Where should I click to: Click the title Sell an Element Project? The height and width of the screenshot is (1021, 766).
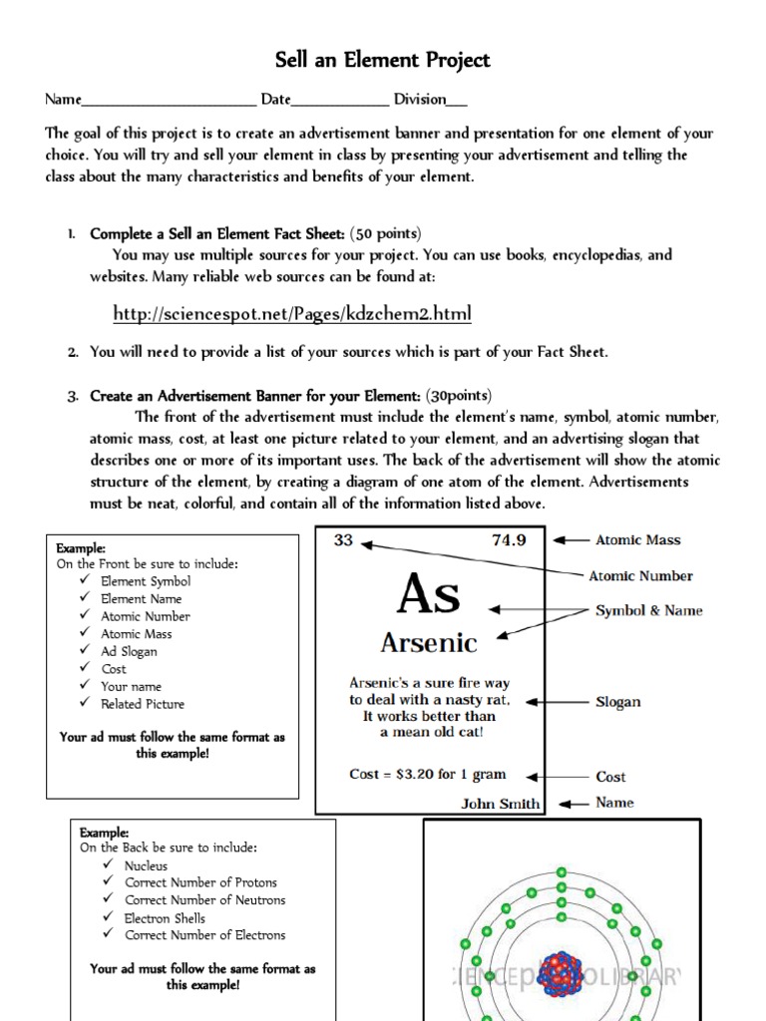tap(383, 60)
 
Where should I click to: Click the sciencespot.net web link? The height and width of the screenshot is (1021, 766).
tap(291, 314)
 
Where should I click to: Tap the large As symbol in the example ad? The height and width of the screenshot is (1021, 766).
tap(429, 595)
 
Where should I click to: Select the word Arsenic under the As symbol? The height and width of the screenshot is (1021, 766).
tap(429, 642)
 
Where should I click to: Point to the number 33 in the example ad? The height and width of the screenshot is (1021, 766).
tap(343, 540)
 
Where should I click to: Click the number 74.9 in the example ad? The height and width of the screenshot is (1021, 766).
tap(509, 540)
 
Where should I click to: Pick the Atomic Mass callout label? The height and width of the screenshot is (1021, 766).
tap(637, 540)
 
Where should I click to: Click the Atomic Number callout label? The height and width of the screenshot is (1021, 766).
tap(640, 575)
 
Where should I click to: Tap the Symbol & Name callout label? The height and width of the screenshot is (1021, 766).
tap(648, 610)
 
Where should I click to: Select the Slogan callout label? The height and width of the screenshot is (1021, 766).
tap(617, 702)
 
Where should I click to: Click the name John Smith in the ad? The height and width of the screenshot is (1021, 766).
tap(501, 804)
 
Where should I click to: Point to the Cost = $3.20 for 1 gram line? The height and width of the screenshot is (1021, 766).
tap(428, 774)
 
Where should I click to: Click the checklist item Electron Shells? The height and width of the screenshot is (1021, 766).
tap(165, 918)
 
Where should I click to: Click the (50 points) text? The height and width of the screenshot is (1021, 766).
tap(386, 233)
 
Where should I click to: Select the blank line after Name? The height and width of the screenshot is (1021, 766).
tap(169, 100)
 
